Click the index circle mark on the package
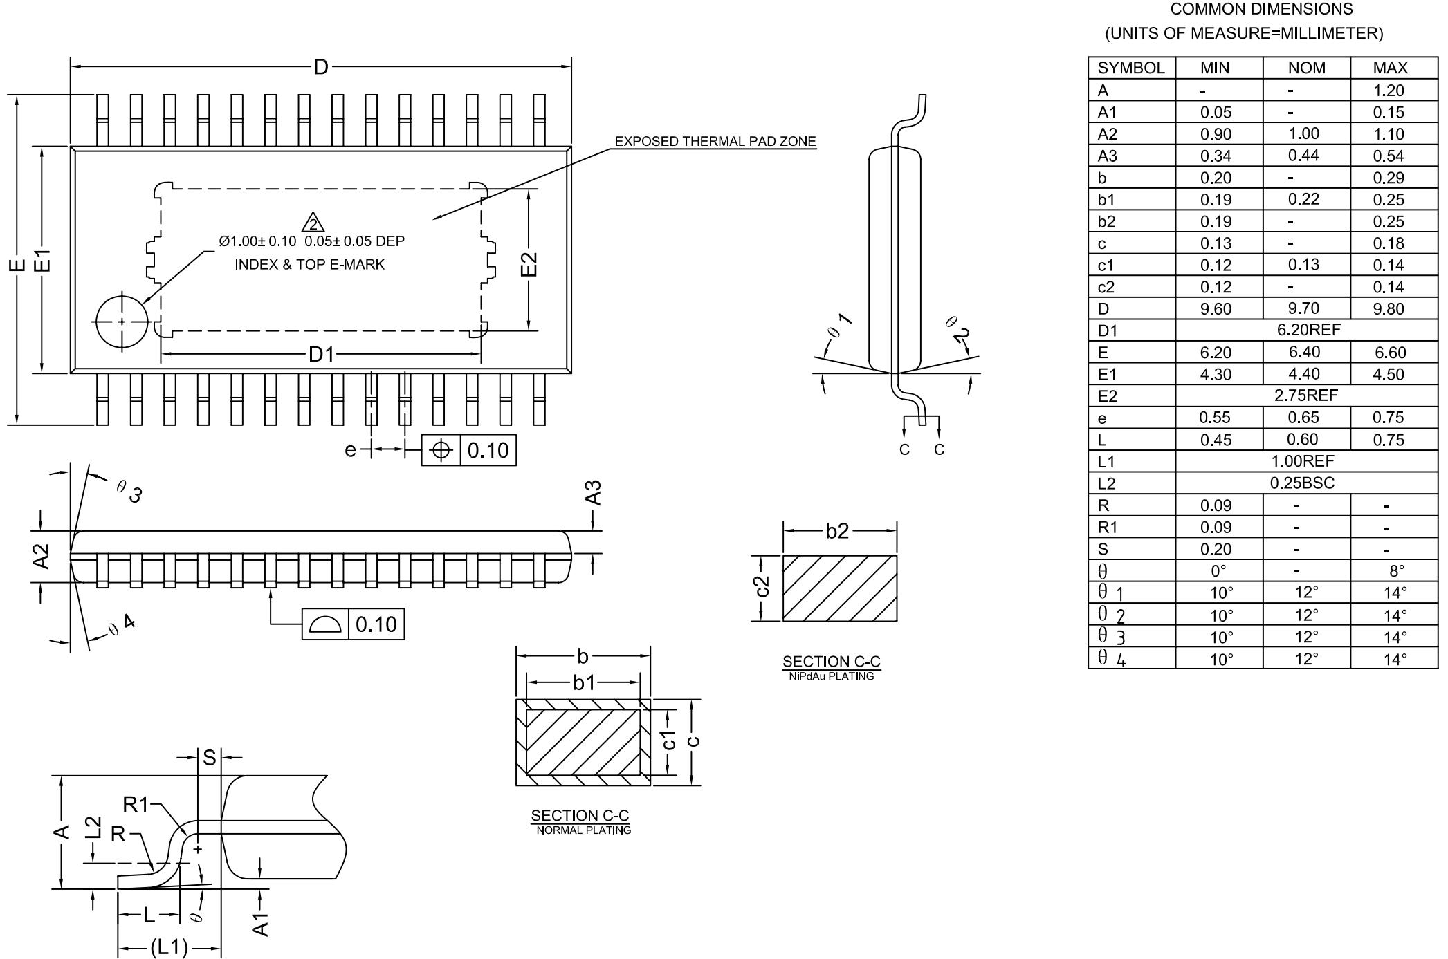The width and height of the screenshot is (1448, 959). (x=122, y=322)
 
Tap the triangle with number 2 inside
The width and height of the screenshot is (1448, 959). (x=313, y=223)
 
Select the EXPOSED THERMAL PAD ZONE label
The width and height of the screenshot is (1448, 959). (x=715, y=142)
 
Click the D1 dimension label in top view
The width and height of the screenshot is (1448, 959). (x=321, y=355)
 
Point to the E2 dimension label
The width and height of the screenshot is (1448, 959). (x=529, y=263)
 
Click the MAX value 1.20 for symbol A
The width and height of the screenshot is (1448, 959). (x=1389, y=91)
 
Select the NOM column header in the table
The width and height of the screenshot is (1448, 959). (x=1306, y=68)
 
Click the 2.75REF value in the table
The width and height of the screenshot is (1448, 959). (x=1306, y=395)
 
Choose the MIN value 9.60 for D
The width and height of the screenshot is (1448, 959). (x=1216, y=308)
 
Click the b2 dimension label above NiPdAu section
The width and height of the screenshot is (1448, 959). (x=837, y=530)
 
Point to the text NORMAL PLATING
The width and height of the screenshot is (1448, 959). (x=583, y=830)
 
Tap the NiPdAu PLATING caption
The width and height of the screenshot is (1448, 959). (x=831, y=676)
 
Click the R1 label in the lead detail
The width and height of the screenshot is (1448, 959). (x=136, y=804)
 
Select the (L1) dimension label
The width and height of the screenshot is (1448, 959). (x=169, y=947)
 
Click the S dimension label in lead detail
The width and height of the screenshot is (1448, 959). (x=209, y=758)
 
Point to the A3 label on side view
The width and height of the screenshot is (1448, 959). (x=594, y=493)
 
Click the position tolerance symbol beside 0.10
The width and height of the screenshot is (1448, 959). (x=441, y=450)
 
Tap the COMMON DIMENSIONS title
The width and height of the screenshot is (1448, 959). (x=1261, y=10)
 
